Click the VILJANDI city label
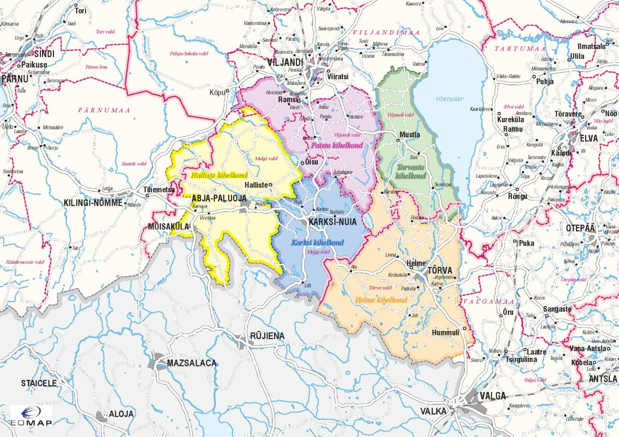pyautogui.click(x=285, y=62)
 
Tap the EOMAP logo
pyautogui.click(x=31, y=416)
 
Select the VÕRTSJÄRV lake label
pyautogui.click(x=449, y=99)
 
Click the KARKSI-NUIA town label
pyautogui.click(x=332, y=222)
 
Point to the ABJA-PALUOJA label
pyautogui.click(x=219, y=198)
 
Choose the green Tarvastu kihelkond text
pyautogui.click(x=410, y=172)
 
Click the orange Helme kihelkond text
pyautogui.click(x=381, y=300)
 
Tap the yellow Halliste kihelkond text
pyautogui.click(x=219, y=175)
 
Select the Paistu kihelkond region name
pyautogui.click(x=337, y=145)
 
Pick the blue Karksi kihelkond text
pyautogui.click(x=317, y=243)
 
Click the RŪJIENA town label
pyautogui.click(x=267, y=336)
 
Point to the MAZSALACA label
pyautogui.click(x=191, y=363)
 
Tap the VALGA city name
pyautogui.click(x=492, y=396)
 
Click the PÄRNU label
pyautogui.click(x=15, y=79)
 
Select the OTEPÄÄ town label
pyautogui.click(x=580, y=228)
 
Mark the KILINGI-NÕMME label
pyautogui.click(x=93, y=203)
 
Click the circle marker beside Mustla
pyautogui.click(x=398, y=140)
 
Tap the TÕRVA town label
pyautogui.click(x=440, y=270)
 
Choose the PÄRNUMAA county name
pyautogui.click(x=104, y=110)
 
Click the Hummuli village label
pyautogui.click(x=445, y=332)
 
